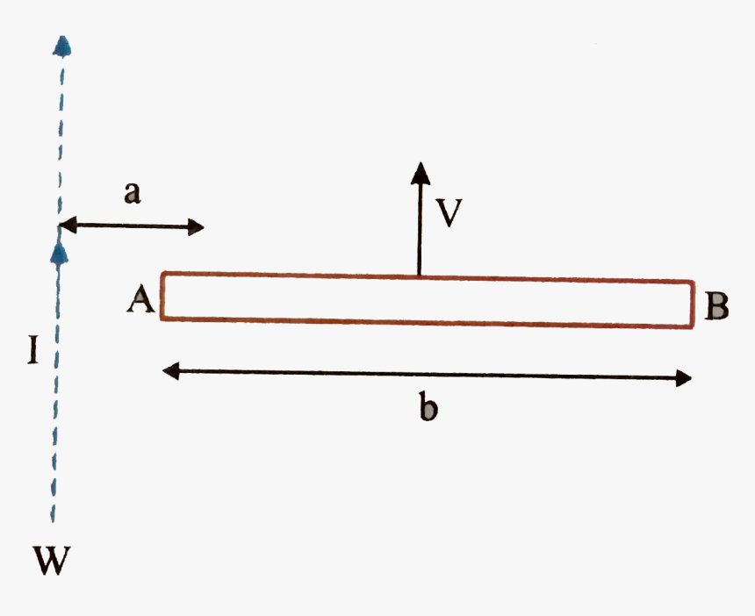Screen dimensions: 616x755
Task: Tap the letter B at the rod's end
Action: [x=716, y=306]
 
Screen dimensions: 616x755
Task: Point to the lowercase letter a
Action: [x=132, y=194]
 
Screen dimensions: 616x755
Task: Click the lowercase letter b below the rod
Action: [x=428, y=408]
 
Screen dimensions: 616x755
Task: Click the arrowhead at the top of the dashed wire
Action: [x=61, y=46]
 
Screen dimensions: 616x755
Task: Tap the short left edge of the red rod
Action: [x=162, y=295]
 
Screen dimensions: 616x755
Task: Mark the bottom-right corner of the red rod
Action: [x=694, y=328]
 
